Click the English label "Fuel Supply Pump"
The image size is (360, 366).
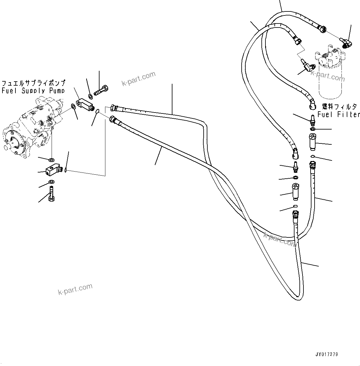[x=33, y=91]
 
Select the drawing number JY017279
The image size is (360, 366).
[x=326, y=354]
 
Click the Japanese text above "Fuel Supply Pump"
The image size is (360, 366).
[x=33, y=83]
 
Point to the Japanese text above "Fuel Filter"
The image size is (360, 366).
[x=339, y=107]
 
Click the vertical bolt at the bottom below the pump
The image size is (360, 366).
[x=51, y=194]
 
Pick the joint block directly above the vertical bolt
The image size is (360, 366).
[x=53, y=170]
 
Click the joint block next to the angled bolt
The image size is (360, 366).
[x=85, y=102]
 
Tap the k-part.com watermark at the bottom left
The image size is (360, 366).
[x=75, y=289]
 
